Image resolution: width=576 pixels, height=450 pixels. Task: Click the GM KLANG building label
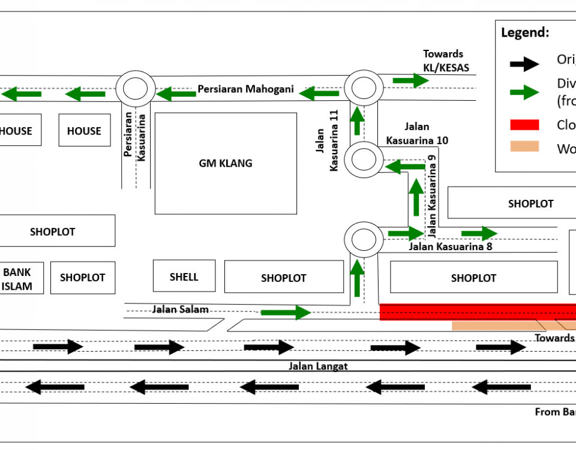[226, 163]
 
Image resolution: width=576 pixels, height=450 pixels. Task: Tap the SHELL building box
[184, 276]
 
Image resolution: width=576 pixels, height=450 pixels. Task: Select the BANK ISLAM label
[17, 279]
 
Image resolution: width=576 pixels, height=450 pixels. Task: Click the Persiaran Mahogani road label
[246, 89]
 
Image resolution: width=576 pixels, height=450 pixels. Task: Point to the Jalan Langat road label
[318, 366]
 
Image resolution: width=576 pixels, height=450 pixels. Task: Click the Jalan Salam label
[180, 310]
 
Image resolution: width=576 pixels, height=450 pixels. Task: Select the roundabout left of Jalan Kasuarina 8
[362, 239]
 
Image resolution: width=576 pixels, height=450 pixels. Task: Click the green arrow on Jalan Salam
[286, 312]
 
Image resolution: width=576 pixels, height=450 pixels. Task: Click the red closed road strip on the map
[478, 312]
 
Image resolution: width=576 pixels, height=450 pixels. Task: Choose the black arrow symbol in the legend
[524, 63]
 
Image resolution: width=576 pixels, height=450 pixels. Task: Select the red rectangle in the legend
[524, 125]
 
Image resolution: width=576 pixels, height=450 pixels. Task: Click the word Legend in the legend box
[525, 33]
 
